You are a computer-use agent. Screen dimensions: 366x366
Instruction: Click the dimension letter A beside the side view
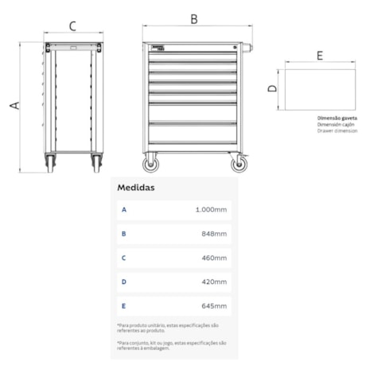(x=14, y=104)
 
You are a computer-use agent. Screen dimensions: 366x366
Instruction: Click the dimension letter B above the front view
(x=193, y=18)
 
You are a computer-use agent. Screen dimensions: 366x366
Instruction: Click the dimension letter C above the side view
(x=72, y=25)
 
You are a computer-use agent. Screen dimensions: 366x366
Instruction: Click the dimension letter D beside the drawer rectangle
(x=272, y=89)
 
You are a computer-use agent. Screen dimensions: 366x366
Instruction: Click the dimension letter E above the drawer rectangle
(x=319, y=56)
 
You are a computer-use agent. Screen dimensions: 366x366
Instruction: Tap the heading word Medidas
(x=136, y=188)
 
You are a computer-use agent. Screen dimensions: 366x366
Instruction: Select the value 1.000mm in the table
(x=211, y=210)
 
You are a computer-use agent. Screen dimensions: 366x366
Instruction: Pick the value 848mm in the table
(x=215, y=234)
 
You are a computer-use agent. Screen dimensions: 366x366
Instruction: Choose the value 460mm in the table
(x=215, y=258)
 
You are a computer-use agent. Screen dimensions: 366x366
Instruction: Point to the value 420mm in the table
(x=215, y=282)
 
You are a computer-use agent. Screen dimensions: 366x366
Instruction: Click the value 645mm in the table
(x=215, y=306)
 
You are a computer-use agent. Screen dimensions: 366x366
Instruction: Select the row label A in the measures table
(x=123, y=210)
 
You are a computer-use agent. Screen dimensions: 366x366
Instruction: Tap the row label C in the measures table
(x=123, y=258)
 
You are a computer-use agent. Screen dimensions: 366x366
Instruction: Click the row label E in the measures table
(x=123, y=306)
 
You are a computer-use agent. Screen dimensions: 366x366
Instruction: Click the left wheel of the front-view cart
(x=150, y=165)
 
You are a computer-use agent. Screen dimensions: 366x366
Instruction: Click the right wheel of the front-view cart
(x=238, y=165)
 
